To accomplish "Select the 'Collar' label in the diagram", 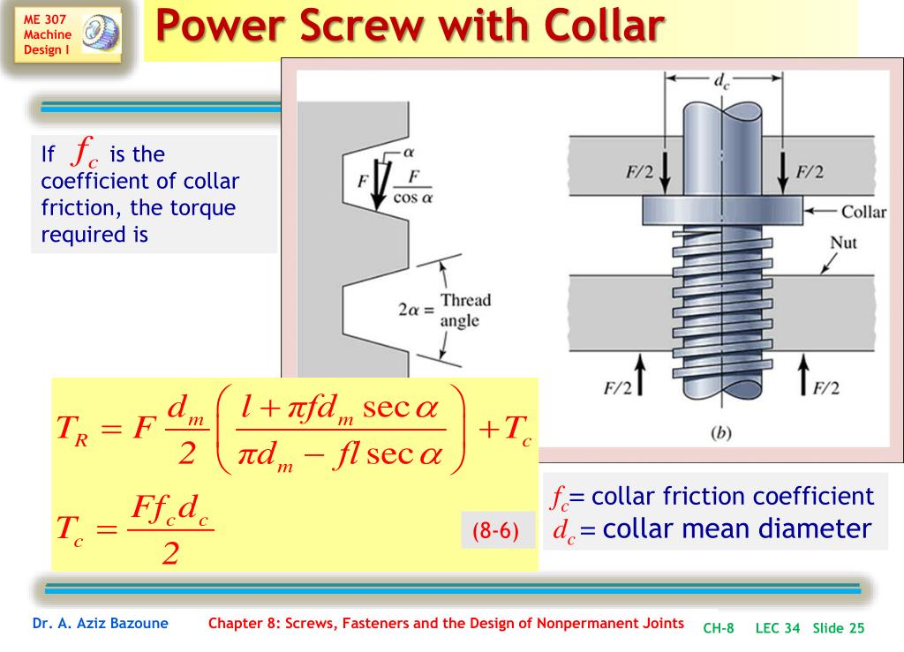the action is point(863,212).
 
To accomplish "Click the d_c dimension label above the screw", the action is point(722,83).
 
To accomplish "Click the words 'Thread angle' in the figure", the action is point(465,310).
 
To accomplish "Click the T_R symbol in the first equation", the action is point(71,430).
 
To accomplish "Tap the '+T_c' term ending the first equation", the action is point(504,430).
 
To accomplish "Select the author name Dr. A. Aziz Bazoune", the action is point(100,624).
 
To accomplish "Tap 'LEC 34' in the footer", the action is point(777,628).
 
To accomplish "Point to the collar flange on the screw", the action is point(722,209).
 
